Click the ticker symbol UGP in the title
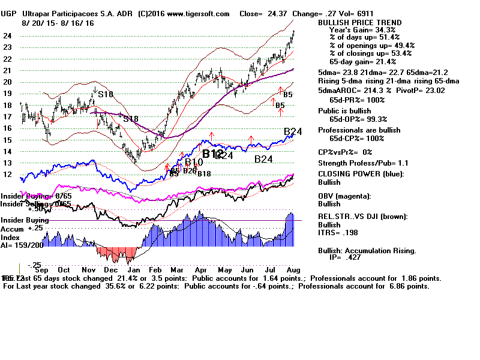(11, 14)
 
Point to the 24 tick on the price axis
(8, 35)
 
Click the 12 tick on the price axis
(8, 175)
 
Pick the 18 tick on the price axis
(8, 105)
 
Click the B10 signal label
(194, 162)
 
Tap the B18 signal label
(204, 173)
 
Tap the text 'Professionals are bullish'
(359, 130)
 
